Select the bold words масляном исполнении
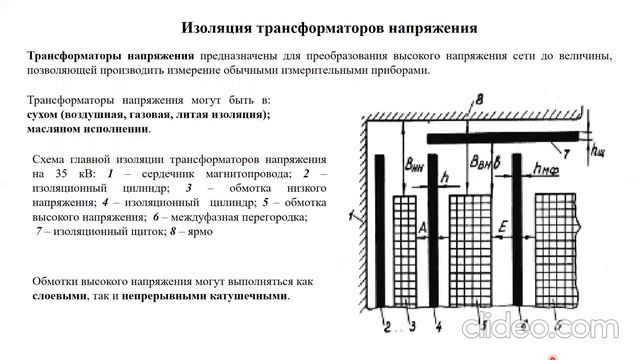(x=91, y=129)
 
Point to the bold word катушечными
(x=243, y=297)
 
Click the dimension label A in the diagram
(x=424, y=229)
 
